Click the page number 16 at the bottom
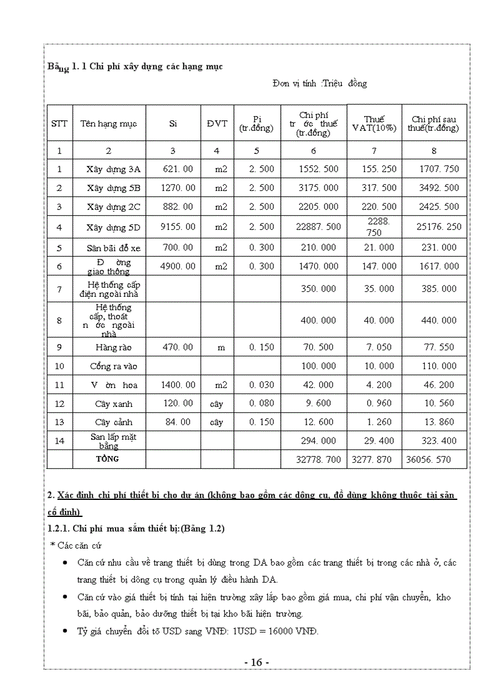[256, 662]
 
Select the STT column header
[60, 123]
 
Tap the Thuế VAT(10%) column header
[374, 123]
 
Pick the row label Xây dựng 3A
[113, 169]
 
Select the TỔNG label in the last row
[108, 459]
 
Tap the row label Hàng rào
[113, 347]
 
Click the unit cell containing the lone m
[221, 347]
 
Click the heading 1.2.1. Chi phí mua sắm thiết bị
[136, 529]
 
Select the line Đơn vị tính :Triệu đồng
[320, 83]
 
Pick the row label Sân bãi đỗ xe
[113, 248]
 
